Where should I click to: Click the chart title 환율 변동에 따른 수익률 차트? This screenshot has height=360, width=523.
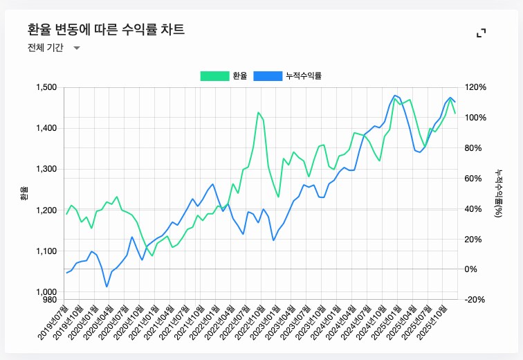click(106, 29)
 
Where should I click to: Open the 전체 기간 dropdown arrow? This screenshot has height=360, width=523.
click(77, 48)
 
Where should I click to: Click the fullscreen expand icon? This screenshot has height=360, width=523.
click(481, 33)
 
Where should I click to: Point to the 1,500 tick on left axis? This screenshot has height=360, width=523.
click(46, 87)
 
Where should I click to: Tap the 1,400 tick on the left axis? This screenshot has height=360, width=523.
click(46, 128)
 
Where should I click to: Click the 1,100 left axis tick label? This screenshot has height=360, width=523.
click(46, 251)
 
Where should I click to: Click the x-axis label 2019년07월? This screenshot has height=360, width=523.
click(54, 320)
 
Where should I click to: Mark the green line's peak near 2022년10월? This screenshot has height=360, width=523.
click(259, 112)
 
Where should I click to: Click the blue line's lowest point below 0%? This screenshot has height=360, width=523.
click(107, 287)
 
